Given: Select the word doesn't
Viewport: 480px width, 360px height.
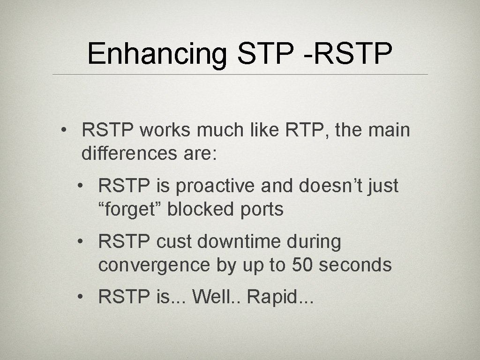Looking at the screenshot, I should pos(323,186).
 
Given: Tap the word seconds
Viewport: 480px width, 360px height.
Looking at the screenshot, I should pos(355,265).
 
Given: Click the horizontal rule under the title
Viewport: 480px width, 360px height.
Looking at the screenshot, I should pos(240,75).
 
